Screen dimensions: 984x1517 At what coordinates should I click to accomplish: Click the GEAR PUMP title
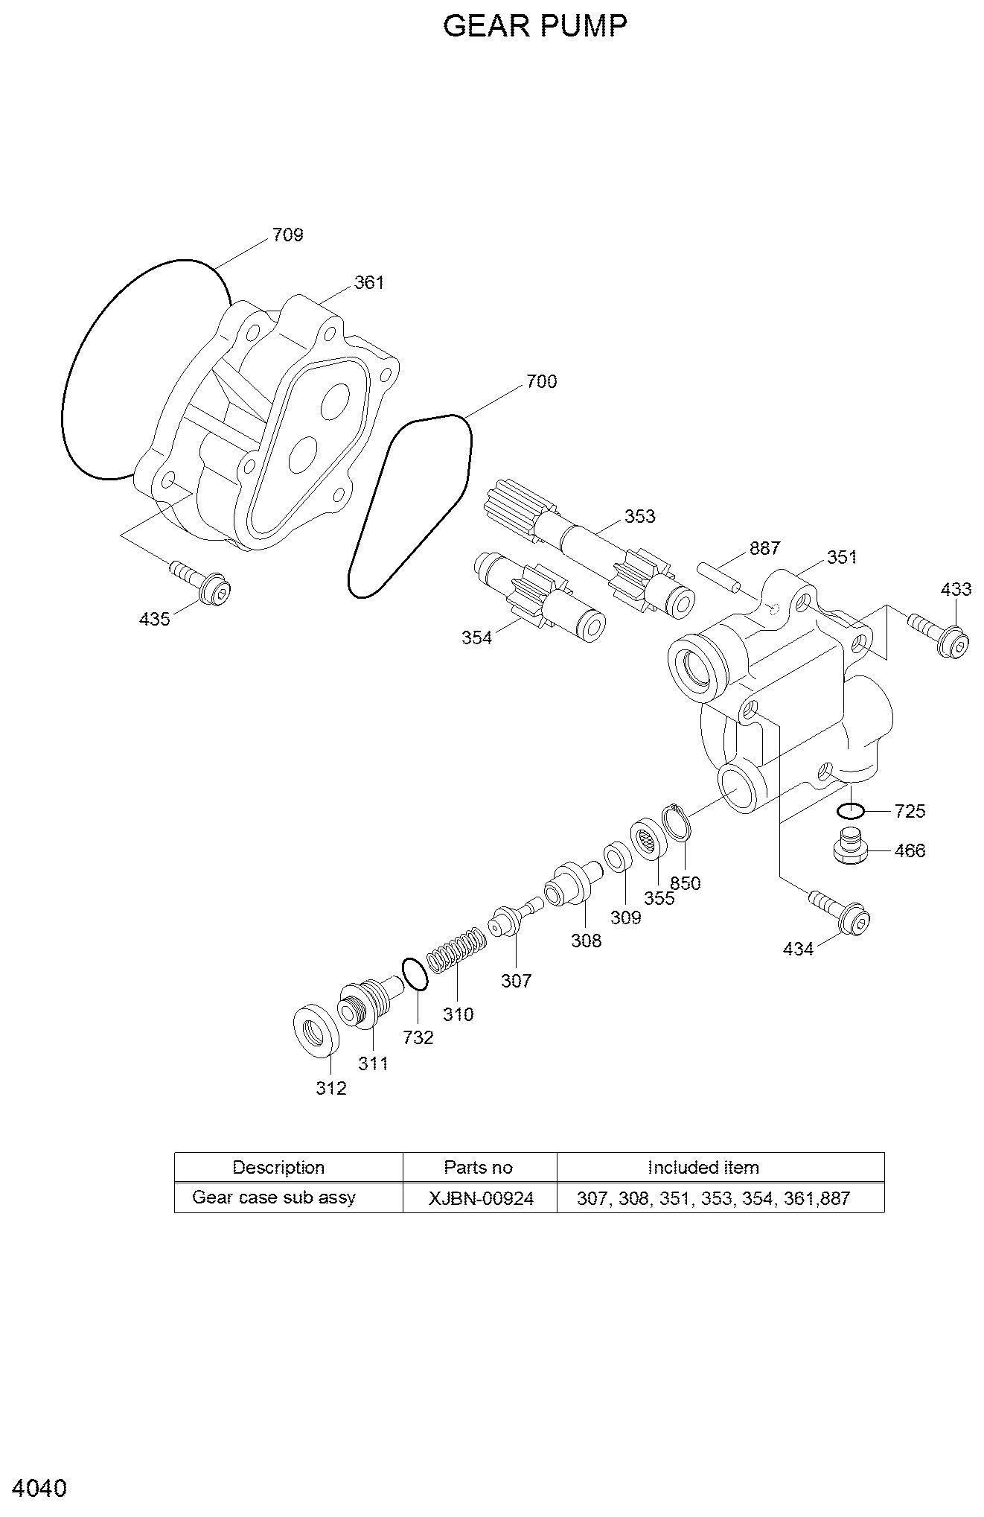(x=535, y=26)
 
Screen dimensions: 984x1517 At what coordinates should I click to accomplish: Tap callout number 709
(x=288, y=235)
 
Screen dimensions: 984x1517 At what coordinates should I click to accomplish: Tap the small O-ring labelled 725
(x=850, y=810)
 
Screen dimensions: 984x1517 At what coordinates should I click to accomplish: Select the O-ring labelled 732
(x=415, y=975)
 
